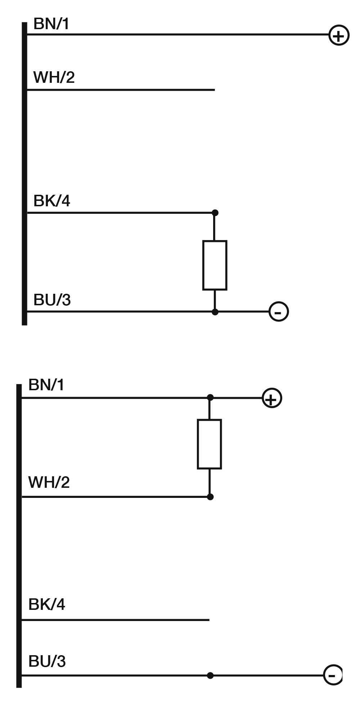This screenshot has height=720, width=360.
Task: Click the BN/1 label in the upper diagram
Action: pyautogui.click(x=51, y=24)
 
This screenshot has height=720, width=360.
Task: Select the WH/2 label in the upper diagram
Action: pyautogui.click(x=54, y=77)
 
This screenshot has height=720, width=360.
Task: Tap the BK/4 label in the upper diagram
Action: pyautogui.click(x=51, y=201)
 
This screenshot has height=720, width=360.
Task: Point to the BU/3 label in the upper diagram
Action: pyautogui.click(x=52, y=300)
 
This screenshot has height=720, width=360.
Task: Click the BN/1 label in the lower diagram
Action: pyautogui.click(x=46, y=385)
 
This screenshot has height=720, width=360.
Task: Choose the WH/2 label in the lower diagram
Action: pyautogui.click(x=49, y=482)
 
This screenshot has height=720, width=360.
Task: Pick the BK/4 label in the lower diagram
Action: pyautogui.click(x=46, y=604)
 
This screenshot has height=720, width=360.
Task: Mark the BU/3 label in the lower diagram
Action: pyautogui.click(x=47, y=662)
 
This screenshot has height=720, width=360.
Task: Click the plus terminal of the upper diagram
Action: pyautogui.click(x=339, y=36)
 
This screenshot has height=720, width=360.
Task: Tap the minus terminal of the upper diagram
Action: pyautogui.click(x=279, y=312)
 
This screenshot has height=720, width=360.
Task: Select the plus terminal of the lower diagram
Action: pyautogui.click(x=272, y=399)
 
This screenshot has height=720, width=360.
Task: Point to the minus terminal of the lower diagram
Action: pyautogui.click(x=333, y=675)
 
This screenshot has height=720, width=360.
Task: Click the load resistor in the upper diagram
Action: pyautogui.click(x=215, y=265)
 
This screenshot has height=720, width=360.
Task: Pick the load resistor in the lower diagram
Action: pyautogui.click(x=210, y=444)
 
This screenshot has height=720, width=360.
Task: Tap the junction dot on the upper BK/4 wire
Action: pyautogui.click(x=215, y=213)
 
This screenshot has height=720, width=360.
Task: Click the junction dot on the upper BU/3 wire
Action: pyautogui.click(x=215, y=312)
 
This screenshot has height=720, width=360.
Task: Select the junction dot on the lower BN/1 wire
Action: pyautogui.click(x=210, y=397)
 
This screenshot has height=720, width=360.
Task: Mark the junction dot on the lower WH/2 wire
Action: pyautogui.click(x=210, y=497)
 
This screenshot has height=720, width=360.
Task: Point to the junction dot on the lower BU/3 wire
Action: pyautogui.click(x=210, y=675)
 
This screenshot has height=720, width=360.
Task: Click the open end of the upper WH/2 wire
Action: pyautogui.click(x=214, y=90)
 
